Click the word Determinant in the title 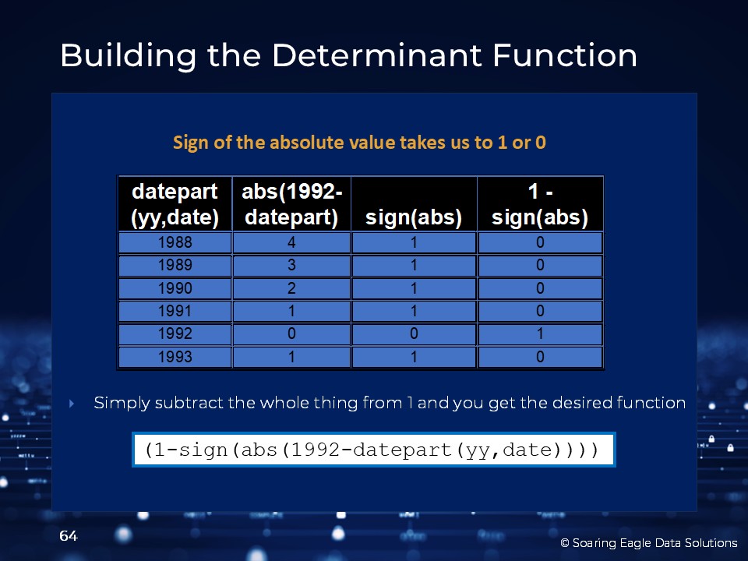[x=377, y=55]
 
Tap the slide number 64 [x=69, y=536]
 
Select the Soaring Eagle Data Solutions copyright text [x=649, y=543]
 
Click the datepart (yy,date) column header [x=175, y=204]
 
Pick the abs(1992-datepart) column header [x=291, y=204]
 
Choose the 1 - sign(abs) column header [x=540, y=204]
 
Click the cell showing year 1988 [x=175, y=242]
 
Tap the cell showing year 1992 [x=175, y=333]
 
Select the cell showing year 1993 [x=175, y=357]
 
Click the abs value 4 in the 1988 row [x=291, y=242]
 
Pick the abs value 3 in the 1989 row [x=291, y=265]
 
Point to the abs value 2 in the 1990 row [x=291, y=288]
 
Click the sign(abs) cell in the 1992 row [x=414, y=333]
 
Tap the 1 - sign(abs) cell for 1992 [x=540, y=333]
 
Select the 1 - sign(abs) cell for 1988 [x=540, y=242]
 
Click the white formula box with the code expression [x=374, y=450]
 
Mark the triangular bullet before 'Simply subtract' [x=72, y=404]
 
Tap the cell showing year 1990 [x=175, y=288]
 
